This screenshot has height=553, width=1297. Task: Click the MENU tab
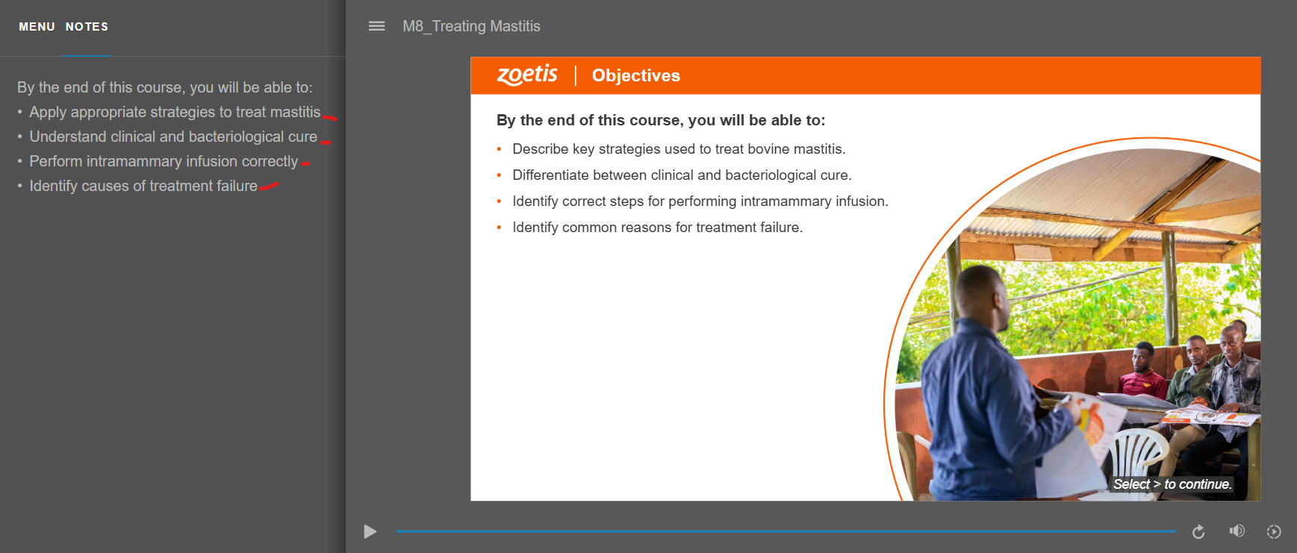pyautogui.click(x=37, y=27)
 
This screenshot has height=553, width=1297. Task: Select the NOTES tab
pyautogui.click(x=87, y=27)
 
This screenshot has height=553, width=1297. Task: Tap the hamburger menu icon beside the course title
pyautogui.click(x=377, y=26)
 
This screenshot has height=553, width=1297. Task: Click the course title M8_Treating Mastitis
pyautogui.click(x=471, y=26)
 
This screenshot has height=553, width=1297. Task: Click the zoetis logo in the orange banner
pyautogui.click(x=527, y=75)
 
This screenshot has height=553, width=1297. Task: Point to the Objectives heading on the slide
pyautogui.click(x=636, y=75)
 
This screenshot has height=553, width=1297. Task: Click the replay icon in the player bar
pyautogui.click(x=1198, y=531)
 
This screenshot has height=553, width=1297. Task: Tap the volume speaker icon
pyautogui.click(x=1237, y=531)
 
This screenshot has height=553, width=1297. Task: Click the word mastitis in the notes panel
pyautogui.click(x=295, y=112)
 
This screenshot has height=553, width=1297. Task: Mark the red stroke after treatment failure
pyautogui.click(x=269, y=186)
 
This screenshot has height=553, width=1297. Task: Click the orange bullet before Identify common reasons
pyautogui.click(x=499, y=228)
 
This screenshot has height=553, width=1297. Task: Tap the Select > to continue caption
pyautogui.click(x=1172, y=484)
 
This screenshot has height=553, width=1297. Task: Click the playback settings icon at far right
pyautogui.click(x=1274, y=531)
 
